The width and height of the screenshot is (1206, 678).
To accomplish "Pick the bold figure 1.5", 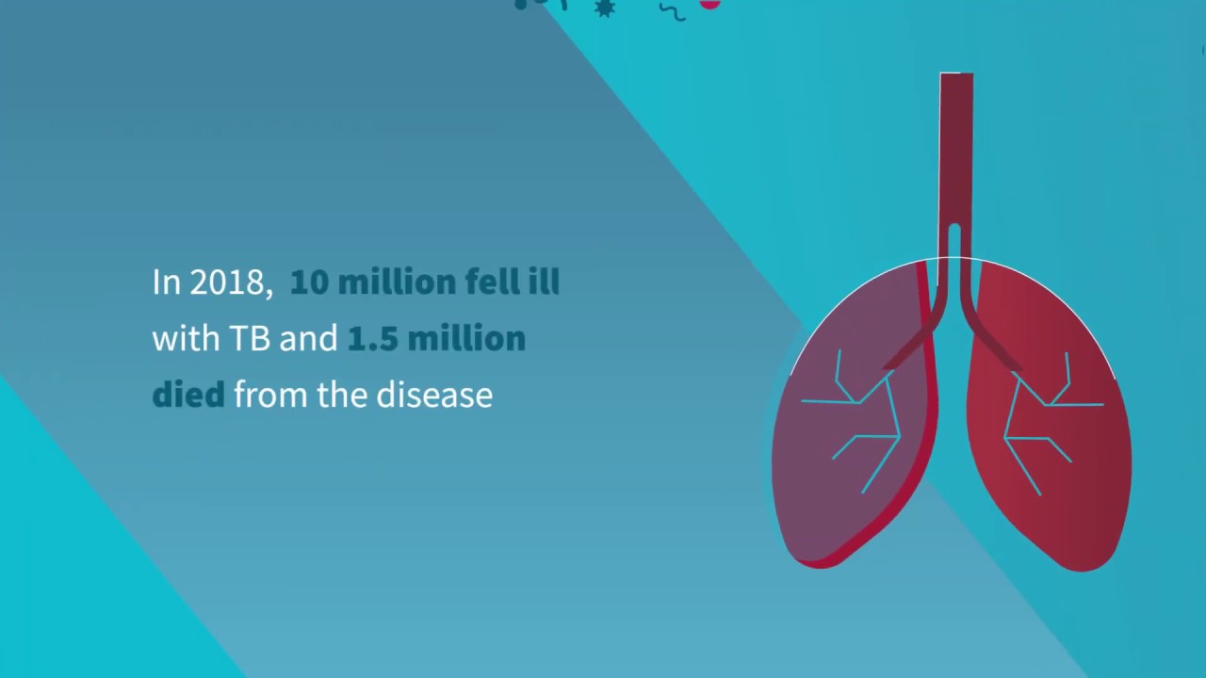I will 371,339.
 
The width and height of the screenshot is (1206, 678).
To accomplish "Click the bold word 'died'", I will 188,395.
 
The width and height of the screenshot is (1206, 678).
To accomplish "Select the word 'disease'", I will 434,395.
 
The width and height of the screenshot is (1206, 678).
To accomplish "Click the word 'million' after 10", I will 397,282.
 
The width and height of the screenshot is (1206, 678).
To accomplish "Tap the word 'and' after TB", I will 307,339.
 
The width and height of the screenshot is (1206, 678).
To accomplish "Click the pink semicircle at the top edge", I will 709,4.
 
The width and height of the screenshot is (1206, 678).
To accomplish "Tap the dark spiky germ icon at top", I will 604,8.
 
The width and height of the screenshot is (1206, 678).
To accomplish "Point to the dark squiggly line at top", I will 672,11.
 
